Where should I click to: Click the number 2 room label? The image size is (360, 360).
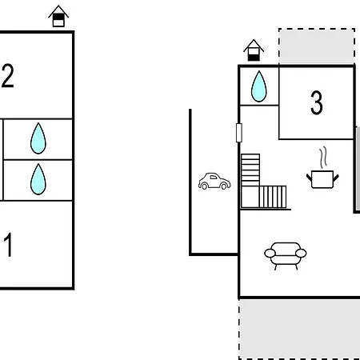[x=7, y=76]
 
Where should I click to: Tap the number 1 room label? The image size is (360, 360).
[x=8, y=245]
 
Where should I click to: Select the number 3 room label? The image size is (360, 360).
[x=317, y=102]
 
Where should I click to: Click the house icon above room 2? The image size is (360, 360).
[x=58, y=16]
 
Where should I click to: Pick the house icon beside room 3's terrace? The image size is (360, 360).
[x=254, y=50]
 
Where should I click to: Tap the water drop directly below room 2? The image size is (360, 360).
[x=38, y=138]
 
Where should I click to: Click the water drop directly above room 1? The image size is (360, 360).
[x=38, y=179]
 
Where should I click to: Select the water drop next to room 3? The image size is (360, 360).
[x=259, y=86]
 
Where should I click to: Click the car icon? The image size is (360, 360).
[x=214, y=181]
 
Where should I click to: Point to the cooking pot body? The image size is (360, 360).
[x=322, y=179]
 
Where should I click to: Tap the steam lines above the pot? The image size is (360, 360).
[x=323, y=157]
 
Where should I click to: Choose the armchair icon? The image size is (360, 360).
[x=286, y=256]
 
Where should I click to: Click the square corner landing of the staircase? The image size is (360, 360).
[x=250, y=197]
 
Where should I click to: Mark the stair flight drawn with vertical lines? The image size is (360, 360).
[x=273, y=197]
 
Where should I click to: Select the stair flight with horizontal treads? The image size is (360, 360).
[x=250, y=170]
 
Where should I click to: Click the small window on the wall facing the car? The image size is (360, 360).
[x=239, y=133]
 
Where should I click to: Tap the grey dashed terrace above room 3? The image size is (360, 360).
[x=317, y=46]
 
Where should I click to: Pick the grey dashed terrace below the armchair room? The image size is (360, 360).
[x=299, y=329]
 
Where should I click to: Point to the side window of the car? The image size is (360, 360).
[x=214, y=178]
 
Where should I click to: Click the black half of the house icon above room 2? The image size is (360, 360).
[x=58, y=17]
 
